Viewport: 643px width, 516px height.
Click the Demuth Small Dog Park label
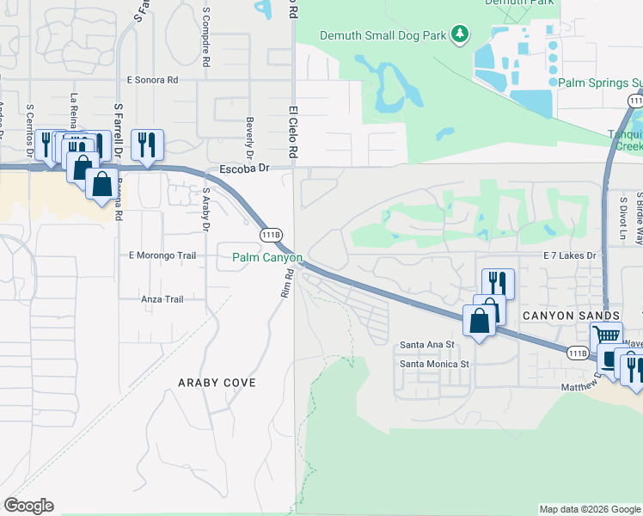click(384, 35)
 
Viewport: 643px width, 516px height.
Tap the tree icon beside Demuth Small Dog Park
click(460, 34)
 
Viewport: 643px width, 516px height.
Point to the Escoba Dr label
click(245, 169)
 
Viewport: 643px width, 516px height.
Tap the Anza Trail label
click(162, 299)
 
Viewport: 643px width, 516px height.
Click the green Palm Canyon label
click(267, 257)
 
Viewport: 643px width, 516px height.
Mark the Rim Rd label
click(287, 283)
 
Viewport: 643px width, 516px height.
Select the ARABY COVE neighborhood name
click(212, 382)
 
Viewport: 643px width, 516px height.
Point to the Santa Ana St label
click(426, 345)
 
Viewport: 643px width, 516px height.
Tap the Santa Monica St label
click(434, 364)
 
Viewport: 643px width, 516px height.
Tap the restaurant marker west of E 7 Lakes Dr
click(498, 283)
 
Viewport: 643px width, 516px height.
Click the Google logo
click(28, 506)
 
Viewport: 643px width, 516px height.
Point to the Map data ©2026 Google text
click(589, 509)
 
